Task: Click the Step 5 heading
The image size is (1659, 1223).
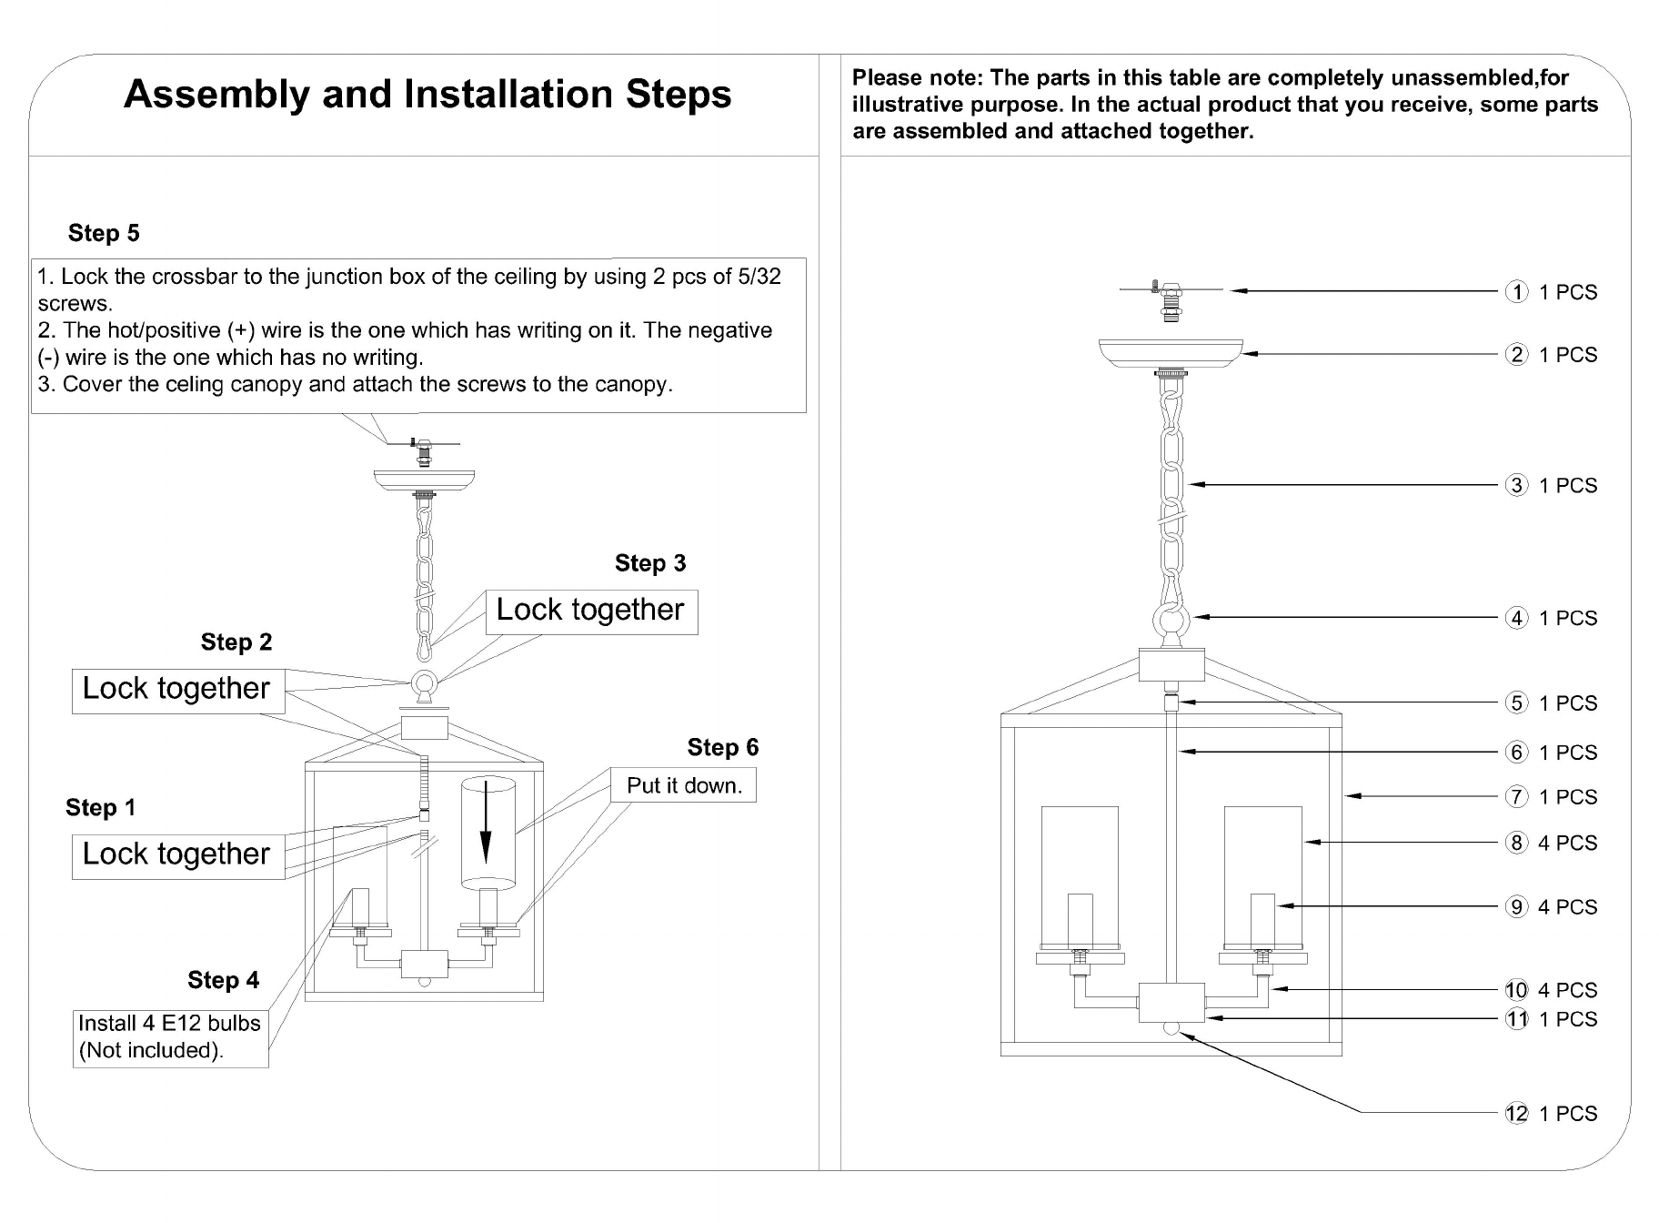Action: tap(104, 233)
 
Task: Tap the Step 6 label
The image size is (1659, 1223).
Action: tap(723, 747)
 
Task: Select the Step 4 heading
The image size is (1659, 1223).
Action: tap(223, 980)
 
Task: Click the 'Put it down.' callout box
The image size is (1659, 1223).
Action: tap(683, 785)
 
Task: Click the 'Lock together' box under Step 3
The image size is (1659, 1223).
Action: tap(591, 611)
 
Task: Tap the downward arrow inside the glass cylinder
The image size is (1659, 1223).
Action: tap(487, 823)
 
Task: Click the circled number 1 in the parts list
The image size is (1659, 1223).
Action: tap(1516, 292)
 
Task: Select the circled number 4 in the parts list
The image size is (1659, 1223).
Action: tap(1516, 618)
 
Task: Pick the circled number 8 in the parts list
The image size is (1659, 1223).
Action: tap(1516, 843)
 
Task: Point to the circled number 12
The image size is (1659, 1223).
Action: tap(1516, 1113)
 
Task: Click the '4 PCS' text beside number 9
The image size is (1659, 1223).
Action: tap(1568, 907)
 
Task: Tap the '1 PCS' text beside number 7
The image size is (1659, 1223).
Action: tap(1568, 797)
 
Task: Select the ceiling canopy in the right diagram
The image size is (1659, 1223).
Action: tap(1171, 354)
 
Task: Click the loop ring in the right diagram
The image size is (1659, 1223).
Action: tap(1171, 623)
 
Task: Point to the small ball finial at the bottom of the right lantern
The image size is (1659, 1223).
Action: tap(1171, 1029)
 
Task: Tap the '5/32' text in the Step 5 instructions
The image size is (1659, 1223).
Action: tap(759, 277)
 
